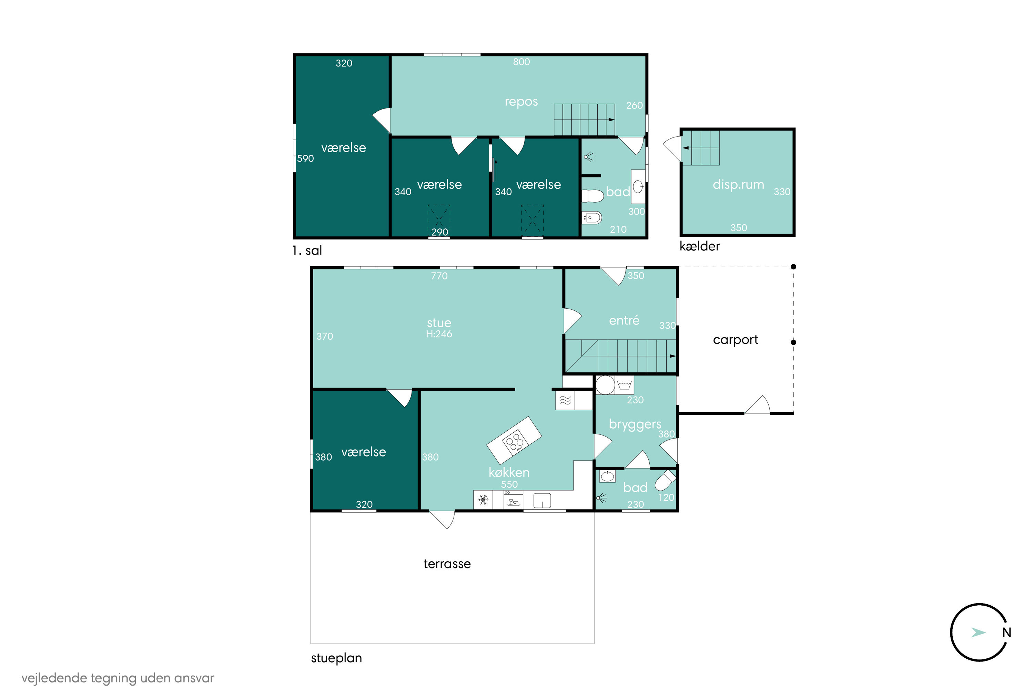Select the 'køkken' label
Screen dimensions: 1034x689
point(509,472)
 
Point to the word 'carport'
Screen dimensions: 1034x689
point(736,340)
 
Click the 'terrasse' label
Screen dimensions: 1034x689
point(447,564)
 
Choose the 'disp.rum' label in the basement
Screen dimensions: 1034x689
point(738,185)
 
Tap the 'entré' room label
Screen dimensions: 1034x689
point(624,320)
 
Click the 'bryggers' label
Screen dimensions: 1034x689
point(635,424)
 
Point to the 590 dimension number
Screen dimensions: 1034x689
point(305,158)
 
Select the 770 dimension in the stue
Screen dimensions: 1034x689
point(439,276)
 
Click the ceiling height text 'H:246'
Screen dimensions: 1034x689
point(439,334)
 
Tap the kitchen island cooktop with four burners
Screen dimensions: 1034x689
point(514,441)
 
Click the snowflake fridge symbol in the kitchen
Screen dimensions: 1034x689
point(483,500)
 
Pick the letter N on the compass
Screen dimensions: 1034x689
point(1006,633)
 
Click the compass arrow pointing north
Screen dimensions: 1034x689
point(978,632)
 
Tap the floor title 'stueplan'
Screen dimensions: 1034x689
point(336,658)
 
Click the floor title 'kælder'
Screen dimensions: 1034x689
point(699,246)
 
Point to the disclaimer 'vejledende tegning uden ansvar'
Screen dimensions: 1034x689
point(118,678)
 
